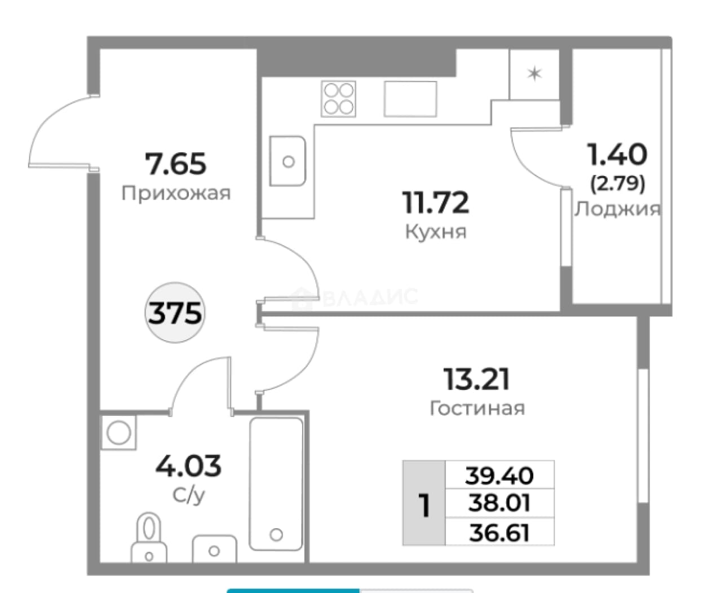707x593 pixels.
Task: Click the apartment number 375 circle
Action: [175, 313]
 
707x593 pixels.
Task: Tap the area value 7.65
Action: [175, 164]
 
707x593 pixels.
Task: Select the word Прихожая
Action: [176, 194]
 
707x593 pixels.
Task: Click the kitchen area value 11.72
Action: [436, 203]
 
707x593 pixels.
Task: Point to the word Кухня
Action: [436, 232]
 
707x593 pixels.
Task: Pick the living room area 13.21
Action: [477, 380]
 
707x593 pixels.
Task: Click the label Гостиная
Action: [478, 408]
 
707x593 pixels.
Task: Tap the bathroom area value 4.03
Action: [188, 465]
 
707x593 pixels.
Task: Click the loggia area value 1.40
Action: [617, 155]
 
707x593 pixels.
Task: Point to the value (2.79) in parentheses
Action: [617, 184]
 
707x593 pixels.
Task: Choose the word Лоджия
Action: [617, 209]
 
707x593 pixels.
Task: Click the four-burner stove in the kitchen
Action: [338, 99]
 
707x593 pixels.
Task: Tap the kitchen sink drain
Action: [289, 161]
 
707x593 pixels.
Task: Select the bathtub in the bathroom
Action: [276, 484]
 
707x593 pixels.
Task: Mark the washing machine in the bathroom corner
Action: [118, 433]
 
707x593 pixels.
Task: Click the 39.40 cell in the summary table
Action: [500, 475]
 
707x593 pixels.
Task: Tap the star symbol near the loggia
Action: [534, 73]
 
